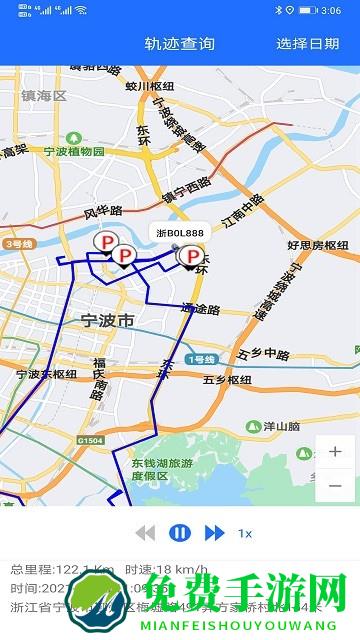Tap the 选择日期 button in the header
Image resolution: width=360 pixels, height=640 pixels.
pos(308,43)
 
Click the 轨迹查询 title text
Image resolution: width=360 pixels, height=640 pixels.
pos(180,43)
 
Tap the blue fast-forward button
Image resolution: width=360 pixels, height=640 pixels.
pos(214,533)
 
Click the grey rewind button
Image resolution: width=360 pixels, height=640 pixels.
pos(146,533)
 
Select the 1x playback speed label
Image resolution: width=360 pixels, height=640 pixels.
pos(244,533)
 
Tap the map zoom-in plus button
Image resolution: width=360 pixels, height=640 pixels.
pos(334,451)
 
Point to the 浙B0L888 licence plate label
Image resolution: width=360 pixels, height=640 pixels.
pos(181,232)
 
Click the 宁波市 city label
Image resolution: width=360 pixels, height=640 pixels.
pos(106,321)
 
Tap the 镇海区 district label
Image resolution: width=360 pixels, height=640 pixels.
pos(43,96)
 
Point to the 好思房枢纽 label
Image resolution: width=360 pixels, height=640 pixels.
pos(318,245)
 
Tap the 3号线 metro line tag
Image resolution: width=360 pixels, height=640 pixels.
pos(18,243)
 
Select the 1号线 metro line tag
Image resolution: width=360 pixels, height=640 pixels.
pos(202,359)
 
